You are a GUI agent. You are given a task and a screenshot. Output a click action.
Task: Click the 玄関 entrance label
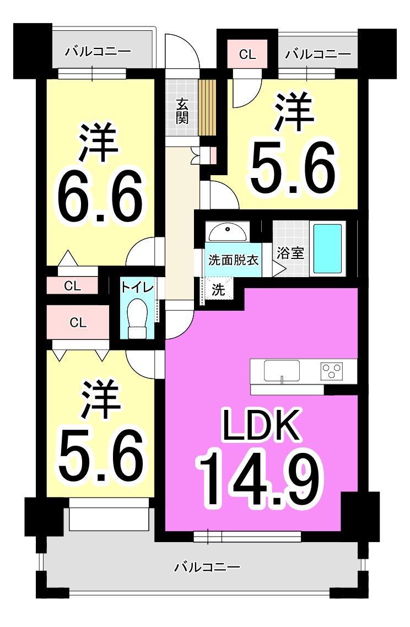pyautogui.click(x=182, y=111)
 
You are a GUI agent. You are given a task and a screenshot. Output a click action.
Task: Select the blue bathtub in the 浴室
pyautogui.click(x=327, y=248)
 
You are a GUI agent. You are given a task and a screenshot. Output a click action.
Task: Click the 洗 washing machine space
pyautogui.click(x=218, y=289)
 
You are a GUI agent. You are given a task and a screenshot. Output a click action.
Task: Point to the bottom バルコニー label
pyautogui.click(x=207, y=566)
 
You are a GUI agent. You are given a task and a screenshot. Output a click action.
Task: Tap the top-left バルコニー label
pyautogui.click(x=99, y=52)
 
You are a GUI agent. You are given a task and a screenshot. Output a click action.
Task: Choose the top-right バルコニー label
pyautogui.click(x=318, y=53)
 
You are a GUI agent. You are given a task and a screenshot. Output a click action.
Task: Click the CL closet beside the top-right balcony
pyautogui.click(x=247, y=54)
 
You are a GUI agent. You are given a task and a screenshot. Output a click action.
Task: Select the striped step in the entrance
pyautogui.click(x=208, y=107)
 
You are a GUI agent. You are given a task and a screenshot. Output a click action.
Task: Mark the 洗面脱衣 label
pyautogui.click(x=234, y=260)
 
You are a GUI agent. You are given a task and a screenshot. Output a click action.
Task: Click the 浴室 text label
pyautogui.click(x=290, y=253)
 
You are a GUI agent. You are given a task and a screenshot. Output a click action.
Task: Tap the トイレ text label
pyautogui.click(x=137, y=288)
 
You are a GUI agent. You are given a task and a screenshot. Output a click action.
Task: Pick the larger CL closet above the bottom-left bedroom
pyautogui.click(x=78, y=322)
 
